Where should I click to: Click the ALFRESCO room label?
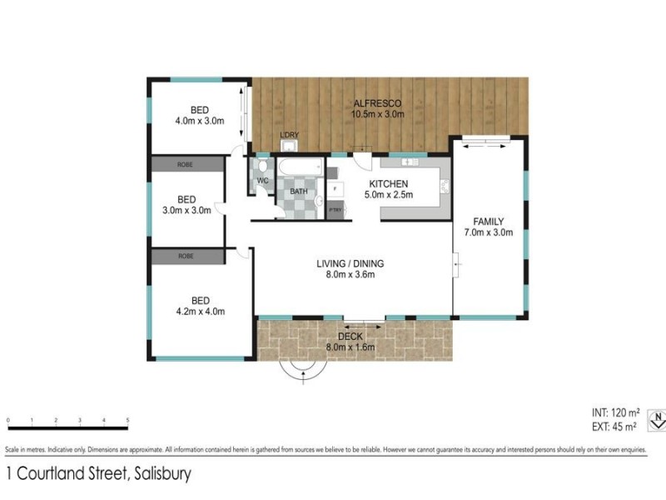pyautogui.click(x=377, y=102)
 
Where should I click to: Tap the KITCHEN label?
pyautogui.click(x=388, y=183)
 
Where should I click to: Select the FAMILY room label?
pyautogui.click(x=489, y=221)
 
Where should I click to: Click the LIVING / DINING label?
pyautogui.click(x=350, y=264)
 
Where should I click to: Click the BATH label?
pyautogui.click(x=298, y=192)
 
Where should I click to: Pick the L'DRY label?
pyautogui.click(x=289, y=136)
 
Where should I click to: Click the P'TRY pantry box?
pyautogui.click(x=336, y=210)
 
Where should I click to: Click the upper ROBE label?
pyautogui.click(x=186, y=165)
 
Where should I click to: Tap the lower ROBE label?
pyautogui.click(x=186, y=257)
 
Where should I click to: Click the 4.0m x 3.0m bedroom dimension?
pyautogui.click(x=199, y=121)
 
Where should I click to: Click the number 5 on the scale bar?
pyautogui.click(x=127, y=419)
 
